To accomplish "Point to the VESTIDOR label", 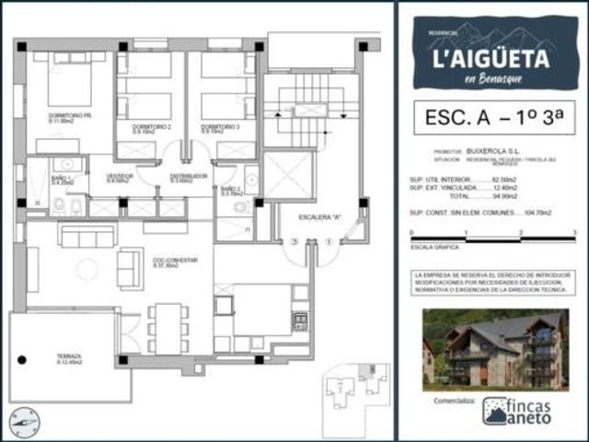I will coord(120,177).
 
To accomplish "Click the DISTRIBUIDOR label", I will coord(188,177).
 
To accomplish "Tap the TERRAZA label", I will coord(69,357).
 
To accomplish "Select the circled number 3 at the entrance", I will coord(294,242).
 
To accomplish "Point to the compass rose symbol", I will coord(24,422).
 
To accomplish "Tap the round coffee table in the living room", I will coord(87,269).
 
